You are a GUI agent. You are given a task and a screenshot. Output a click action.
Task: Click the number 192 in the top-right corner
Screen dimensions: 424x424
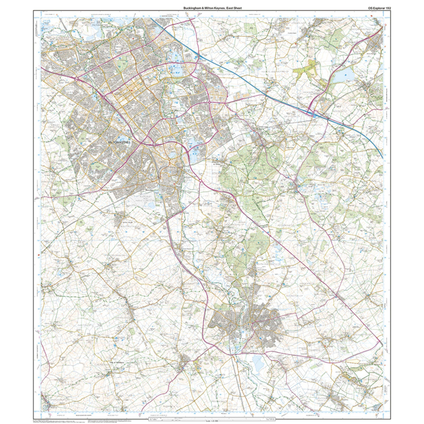click(386, 8)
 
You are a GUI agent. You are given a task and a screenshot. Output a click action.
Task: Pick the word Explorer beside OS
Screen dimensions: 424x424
click(374, 8)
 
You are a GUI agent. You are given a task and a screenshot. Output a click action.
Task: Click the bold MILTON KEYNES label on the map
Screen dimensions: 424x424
click(119, 142)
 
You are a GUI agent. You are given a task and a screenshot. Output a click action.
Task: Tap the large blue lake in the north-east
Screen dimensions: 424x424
click(341, 76)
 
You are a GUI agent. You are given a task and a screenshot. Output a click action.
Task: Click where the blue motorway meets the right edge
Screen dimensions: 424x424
click(382, 157)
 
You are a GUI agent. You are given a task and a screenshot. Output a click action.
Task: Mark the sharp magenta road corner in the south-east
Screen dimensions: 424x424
click(380, 343)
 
